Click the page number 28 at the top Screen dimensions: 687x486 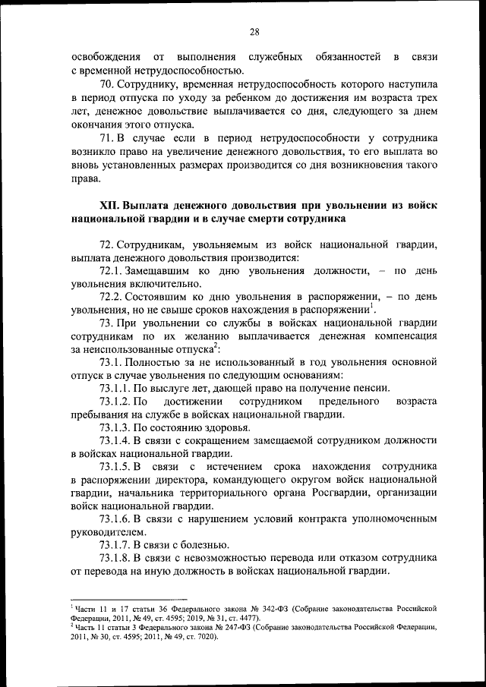tap(254, 32)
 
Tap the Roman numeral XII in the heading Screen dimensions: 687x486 tap(110, 206)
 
